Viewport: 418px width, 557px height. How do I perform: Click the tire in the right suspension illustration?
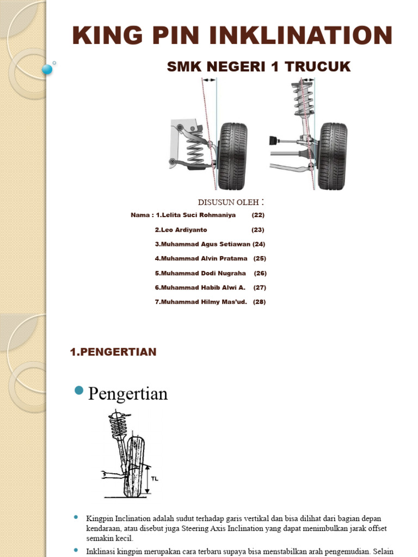pyautogui.click(x=332, y=156)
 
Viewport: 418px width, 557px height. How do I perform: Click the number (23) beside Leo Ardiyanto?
pyautogui.click(x=257, y=230)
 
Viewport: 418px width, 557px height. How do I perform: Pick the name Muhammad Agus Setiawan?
pyautogui.click(x=202, y=244)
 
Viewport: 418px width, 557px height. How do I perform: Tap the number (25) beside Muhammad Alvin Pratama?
pyautogui.click(x=260, y=258)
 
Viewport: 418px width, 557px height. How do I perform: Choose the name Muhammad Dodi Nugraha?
pyautogui.click(x=200, y=273)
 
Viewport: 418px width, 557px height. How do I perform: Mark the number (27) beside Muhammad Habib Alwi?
pyautogui.click(x=260, y=287)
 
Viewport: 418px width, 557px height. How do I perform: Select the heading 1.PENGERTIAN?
pyautogui.click(x=113, y=352)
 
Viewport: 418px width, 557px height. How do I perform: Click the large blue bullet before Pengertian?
pyautogui.click(x=79, y=390)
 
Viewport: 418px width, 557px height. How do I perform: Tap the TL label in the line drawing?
pyautogui.click(x=155, y=479)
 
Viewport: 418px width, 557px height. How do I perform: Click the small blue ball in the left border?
pyautogui.click(x=47, y=69)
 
